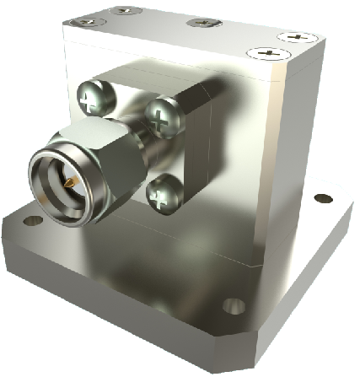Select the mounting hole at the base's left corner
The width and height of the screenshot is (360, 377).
[x=32, y=221]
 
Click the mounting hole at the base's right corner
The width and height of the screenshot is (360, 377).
[x=324, y=199]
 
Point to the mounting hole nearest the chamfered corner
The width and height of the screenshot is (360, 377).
[x=234, y=305]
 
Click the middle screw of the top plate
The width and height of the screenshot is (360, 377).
[x=203, y=22]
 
